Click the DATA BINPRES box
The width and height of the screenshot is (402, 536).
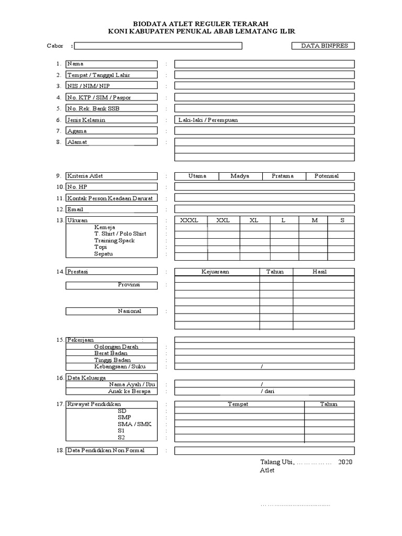[x=323, y=46]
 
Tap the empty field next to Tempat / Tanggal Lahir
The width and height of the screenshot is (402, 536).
[x=264, y=75]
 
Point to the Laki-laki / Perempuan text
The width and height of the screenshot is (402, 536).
[x=208, y=120]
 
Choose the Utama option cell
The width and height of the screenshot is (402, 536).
[x=197, y=176]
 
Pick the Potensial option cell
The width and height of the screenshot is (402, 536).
[x=327, y=176]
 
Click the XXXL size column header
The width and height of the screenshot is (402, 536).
[x=189, y=220]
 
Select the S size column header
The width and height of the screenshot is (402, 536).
[x=342, y=220]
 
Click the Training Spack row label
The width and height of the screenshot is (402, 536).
[x=115, y=240]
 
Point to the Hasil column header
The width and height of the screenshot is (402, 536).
[x=319, y=272]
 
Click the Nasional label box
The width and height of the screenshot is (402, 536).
[x=111, y=311]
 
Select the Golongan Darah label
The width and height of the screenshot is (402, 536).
[x=116, y=347]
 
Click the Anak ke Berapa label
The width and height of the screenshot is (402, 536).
[x=129, y=391]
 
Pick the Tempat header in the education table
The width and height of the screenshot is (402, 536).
[x=238, y=404]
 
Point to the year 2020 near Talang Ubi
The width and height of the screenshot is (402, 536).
[x=345, y=462]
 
